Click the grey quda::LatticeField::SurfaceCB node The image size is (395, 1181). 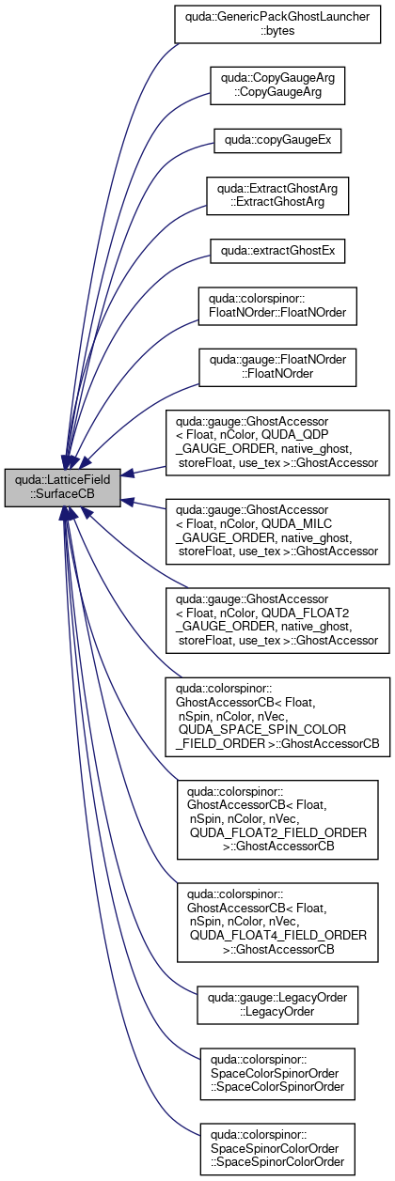pos(62,488)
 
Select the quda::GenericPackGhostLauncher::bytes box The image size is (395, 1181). pos(277,24)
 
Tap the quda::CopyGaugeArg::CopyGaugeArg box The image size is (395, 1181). pos(277,85)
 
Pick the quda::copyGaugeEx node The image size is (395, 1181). pos(277,141)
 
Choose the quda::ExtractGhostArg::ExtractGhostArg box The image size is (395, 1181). pos(277,195)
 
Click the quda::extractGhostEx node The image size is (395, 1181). pos(277,251)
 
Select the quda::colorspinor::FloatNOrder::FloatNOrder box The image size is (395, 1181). pos(277,305)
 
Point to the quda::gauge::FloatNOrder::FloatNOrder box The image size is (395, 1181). pos(277,367)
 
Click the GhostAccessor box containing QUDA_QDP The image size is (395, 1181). pos(277,443)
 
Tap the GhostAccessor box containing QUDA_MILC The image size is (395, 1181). pos(277,532)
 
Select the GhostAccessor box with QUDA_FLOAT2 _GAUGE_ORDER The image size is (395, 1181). pos(277,620)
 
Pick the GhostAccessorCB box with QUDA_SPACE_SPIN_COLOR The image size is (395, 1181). pos(277,717)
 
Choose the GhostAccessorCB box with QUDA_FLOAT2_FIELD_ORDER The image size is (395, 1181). pos(277,820)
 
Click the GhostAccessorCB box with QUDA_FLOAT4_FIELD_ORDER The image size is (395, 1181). pos(277,923)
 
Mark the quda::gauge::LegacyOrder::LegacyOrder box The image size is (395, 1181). pos(277,1005)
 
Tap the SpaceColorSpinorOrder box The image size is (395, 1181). pos(277,1074)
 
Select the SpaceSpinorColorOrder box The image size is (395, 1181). pos(277,1149)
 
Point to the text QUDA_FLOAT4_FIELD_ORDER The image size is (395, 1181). pos(278,935)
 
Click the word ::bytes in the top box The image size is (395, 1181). pos(277,31)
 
